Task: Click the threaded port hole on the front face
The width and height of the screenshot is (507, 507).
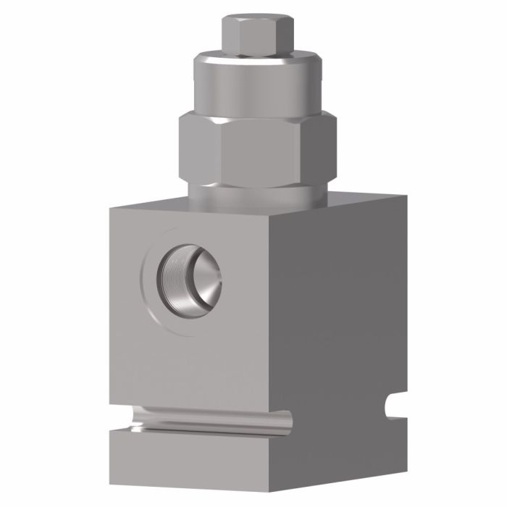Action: tap(190, 280)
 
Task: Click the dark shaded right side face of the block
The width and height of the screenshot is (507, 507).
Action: tap(348, 326)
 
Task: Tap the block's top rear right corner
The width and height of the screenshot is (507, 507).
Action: tap(406, 196)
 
